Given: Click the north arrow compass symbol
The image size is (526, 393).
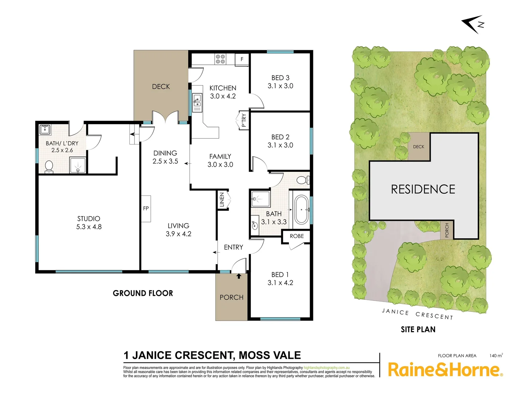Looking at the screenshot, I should [473, 24].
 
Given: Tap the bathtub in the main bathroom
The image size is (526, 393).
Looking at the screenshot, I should [301, 210].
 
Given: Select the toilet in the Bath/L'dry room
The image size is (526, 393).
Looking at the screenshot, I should [49, 167].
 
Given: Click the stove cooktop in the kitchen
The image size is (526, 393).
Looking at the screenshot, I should [220, 59].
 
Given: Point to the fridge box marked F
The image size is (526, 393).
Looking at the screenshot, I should [242, 59].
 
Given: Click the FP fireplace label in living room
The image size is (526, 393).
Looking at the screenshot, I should [146, 209].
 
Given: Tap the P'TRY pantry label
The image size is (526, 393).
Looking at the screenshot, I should [244, 120].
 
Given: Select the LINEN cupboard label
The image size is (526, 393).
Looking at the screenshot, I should [222, 200].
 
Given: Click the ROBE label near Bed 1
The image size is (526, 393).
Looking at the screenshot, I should [297, 236].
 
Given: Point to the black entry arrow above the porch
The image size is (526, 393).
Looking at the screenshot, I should [239, 276].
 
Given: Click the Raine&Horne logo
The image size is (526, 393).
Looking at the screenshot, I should [445, 370].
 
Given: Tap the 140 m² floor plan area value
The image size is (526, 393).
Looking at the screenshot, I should [496, 356].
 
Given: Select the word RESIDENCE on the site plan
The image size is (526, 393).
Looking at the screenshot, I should [423, 189].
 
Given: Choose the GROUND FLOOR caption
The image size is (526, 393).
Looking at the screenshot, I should [143, 293].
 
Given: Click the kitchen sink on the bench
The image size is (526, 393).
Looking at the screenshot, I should [197, 99].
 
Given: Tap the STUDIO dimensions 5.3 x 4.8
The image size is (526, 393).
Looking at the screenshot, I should [89, 227].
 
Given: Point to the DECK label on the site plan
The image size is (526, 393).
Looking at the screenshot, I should [418, 147].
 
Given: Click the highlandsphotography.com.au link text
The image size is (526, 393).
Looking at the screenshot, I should [326, 368].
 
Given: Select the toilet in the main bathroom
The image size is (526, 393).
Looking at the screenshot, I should [302, 180].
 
